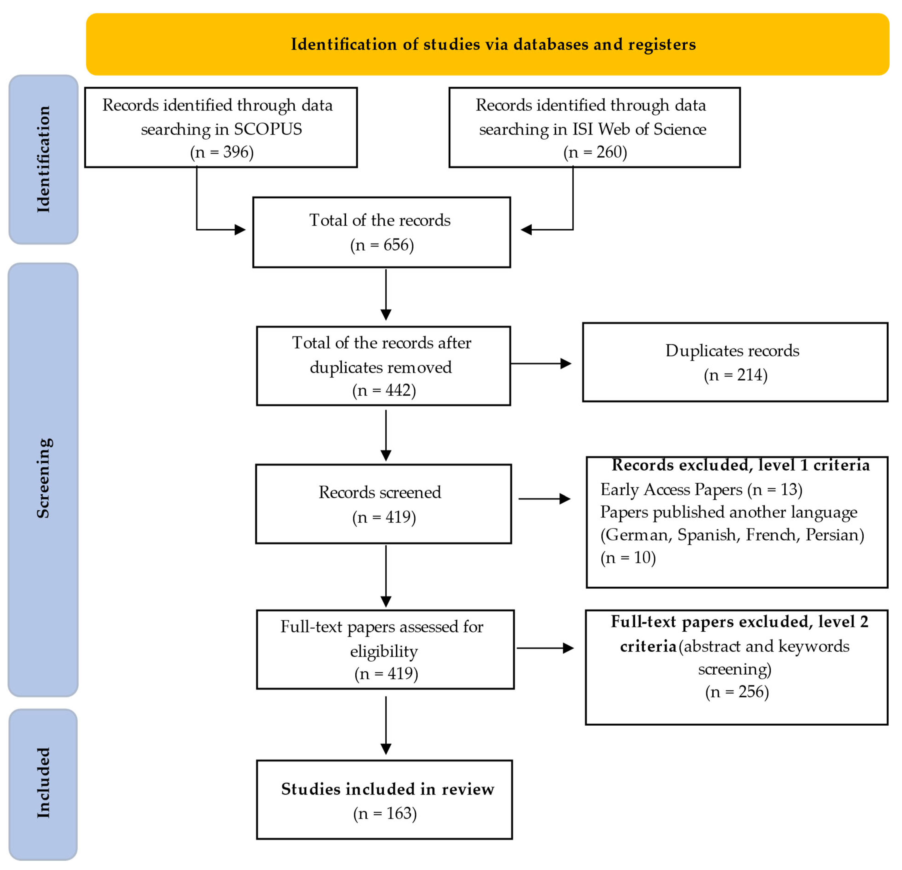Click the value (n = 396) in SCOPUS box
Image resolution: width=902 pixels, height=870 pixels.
[222, 152]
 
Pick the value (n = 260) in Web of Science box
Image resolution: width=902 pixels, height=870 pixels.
[595, 152]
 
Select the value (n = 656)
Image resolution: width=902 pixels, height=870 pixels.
[382, 245]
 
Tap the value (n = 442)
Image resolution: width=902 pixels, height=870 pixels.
[384, 390]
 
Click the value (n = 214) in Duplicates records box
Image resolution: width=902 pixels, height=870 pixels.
[735, 375]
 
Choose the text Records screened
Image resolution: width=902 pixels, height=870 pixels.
[380, 493]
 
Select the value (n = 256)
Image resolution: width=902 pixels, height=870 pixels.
[737, 692]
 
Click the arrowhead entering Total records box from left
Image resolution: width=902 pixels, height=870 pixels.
[240, 230]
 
